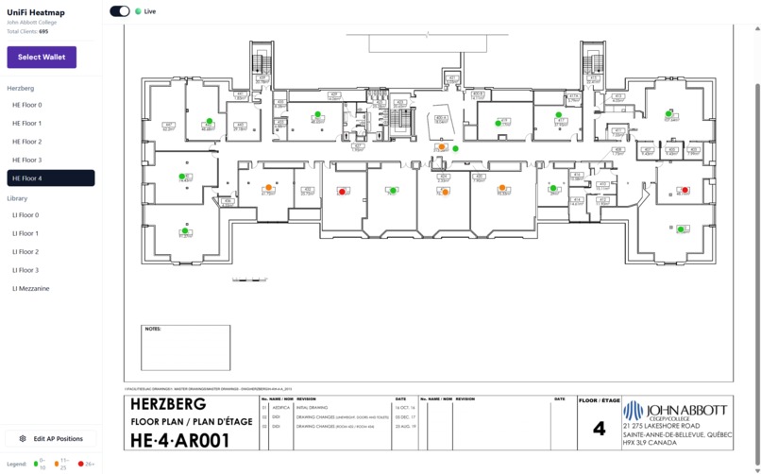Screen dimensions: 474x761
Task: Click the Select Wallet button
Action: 42,57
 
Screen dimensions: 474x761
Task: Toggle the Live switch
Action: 119,11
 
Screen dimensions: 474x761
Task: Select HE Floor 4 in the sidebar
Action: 51,178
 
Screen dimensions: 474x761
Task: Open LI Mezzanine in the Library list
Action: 31,288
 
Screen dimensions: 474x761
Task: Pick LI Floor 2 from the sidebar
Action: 25,252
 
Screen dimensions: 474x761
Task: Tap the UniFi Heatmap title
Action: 35,11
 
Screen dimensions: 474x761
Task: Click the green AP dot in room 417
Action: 562,114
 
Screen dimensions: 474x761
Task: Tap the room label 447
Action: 169,125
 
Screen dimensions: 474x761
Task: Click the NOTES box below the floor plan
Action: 185,347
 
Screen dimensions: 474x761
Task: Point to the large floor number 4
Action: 599,429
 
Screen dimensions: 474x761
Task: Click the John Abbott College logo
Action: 675,411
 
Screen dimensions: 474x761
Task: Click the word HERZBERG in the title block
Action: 175,404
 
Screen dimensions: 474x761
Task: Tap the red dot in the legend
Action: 81,464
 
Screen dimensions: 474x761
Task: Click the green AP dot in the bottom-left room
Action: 186,230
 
